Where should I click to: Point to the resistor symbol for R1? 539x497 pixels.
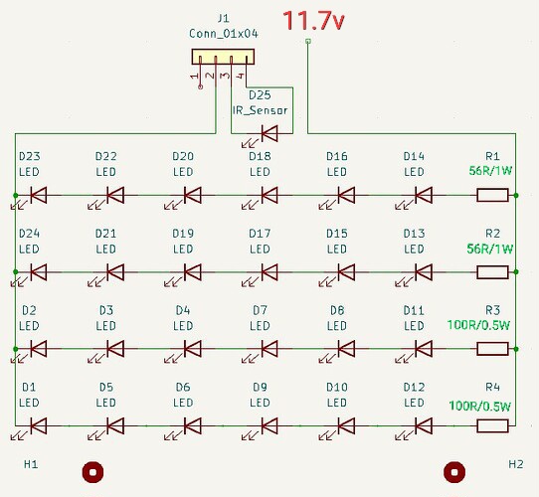(x=493, y=195)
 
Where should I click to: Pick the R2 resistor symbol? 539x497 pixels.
(x=493, y=271)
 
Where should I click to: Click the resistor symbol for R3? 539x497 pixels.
(x=493, y=349)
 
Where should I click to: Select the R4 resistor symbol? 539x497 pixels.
(x=493, y=425)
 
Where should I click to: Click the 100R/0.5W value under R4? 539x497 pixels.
(x=480, y=406)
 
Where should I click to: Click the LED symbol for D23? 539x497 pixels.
(x=39, y=195)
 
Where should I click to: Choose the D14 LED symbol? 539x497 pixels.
(x=422, y=195)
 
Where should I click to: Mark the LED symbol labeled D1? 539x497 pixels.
(x=39, y=425)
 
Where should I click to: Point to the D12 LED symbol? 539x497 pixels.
(x=422, y=425)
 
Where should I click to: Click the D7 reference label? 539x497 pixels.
(x=260, y=310)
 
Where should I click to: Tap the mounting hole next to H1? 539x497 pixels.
(x=92, y=471)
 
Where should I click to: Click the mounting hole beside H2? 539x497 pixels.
(x=454, y=471)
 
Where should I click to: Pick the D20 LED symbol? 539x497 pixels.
(x=192, y=195)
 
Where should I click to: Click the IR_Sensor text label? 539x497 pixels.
(x=260, y=110)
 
